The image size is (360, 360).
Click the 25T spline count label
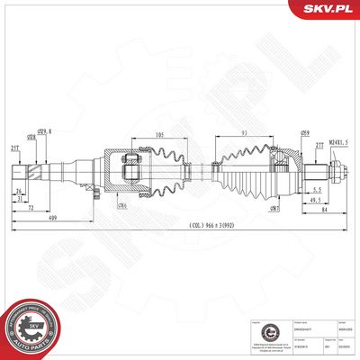pos(16,148)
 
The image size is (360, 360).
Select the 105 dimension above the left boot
pos(158,136)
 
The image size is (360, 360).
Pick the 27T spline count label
pos(319,144)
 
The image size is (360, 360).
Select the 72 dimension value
pos(31,207)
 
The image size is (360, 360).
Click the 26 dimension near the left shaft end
pos(17,192)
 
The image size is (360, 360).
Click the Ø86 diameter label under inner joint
pos(121,205)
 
